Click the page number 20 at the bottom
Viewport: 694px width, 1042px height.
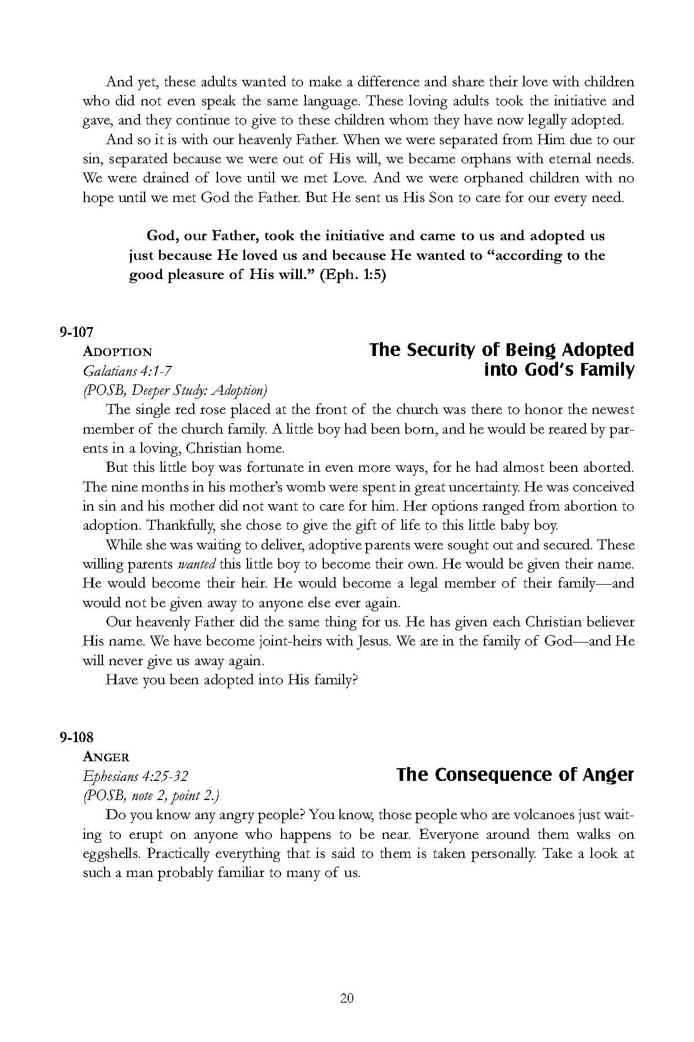coord(347,998)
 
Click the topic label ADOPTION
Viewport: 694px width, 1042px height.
coord(118,352)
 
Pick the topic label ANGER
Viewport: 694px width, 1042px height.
coord(106,757)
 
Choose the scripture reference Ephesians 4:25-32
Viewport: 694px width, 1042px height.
coord(136,776)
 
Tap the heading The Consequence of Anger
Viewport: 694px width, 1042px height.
coord(515,775)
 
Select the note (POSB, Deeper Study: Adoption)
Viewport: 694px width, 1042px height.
coord(175,390)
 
